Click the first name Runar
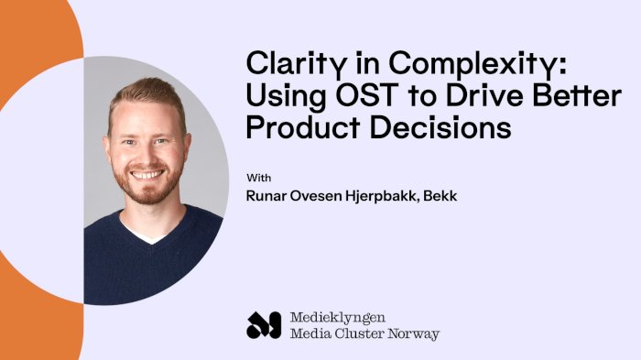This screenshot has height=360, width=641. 268,195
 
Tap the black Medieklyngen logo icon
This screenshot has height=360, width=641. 264,324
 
